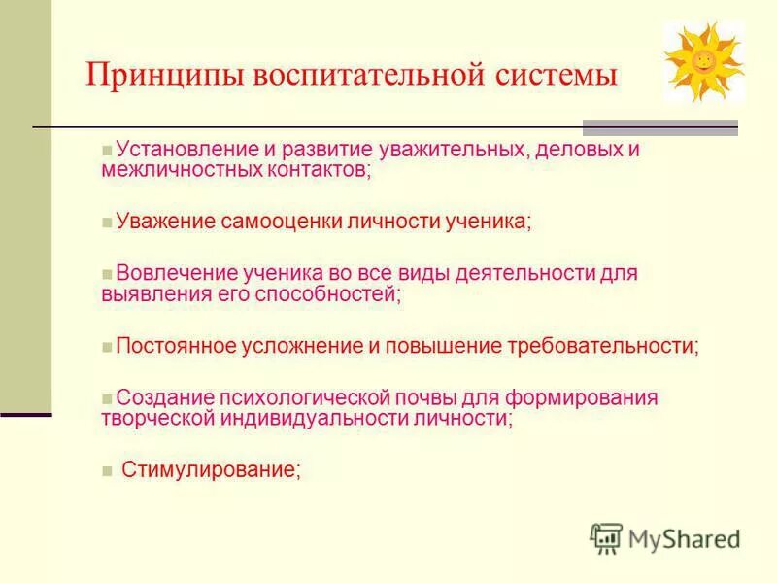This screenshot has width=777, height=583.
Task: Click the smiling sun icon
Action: [x=703, y=61]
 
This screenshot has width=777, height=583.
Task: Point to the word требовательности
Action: [x=600, y=345]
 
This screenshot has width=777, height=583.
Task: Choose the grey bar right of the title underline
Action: [x=659, y=127]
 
